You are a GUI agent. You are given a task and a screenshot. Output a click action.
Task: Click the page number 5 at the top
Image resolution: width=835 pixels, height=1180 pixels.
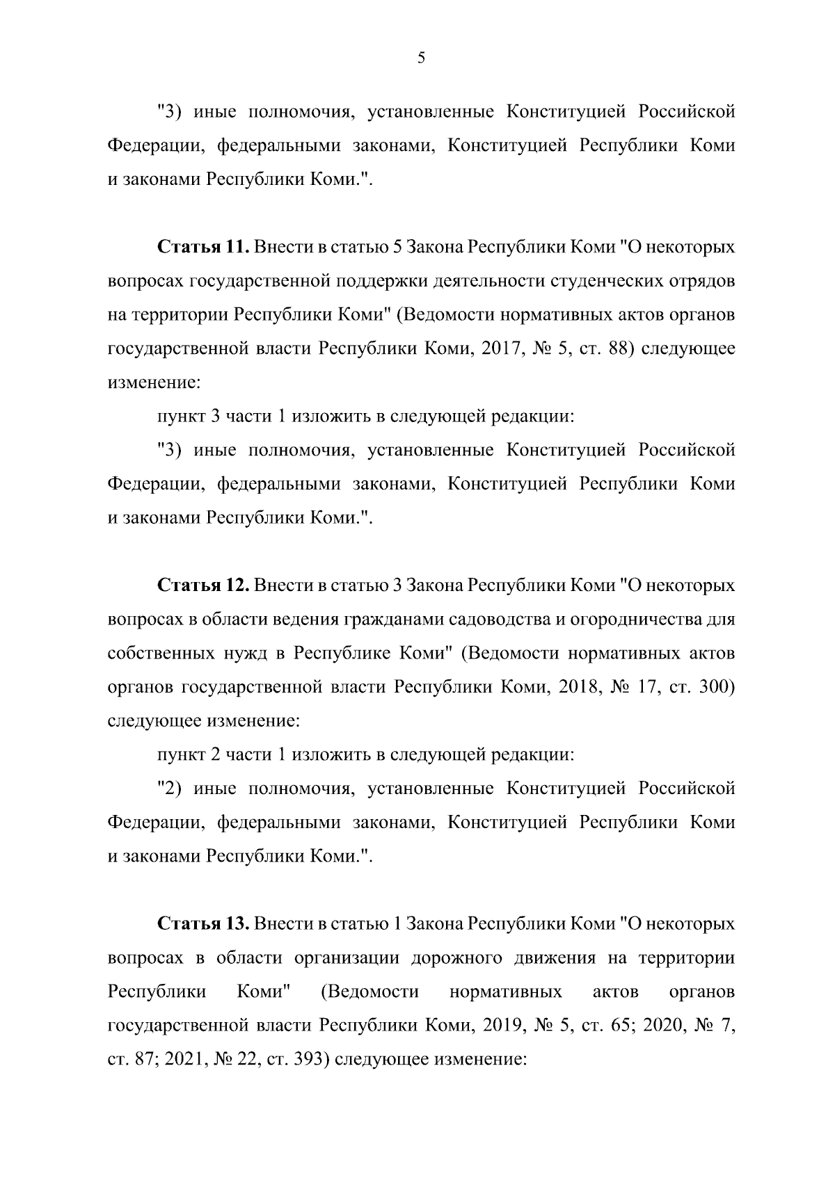[x=421, y=58]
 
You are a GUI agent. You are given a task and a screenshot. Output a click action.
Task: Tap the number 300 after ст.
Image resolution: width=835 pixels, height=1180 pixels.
[x=717, y=688]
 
